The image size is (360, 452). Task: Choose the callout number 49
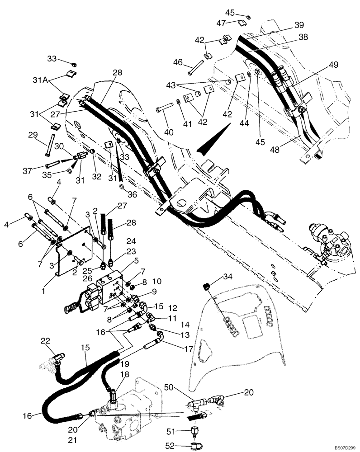pos(333,65)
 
